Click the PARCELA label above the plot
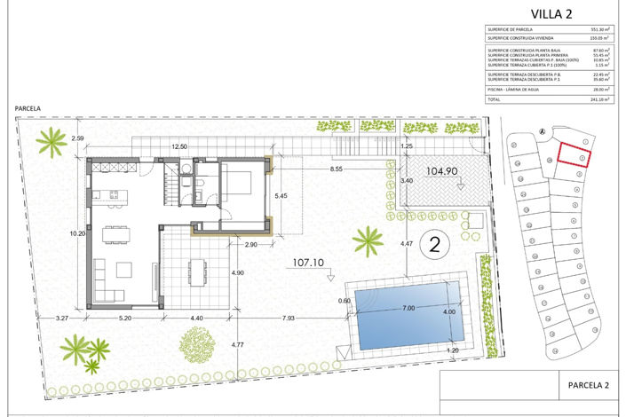[x=29, y=108]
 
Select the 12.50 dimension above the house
[x=179, y=146]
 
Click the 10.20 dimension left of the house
[x=78, y=233]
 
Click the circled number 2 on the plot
[x=434, y=240]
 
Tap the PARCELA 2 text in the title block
[x=588, y=385]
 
